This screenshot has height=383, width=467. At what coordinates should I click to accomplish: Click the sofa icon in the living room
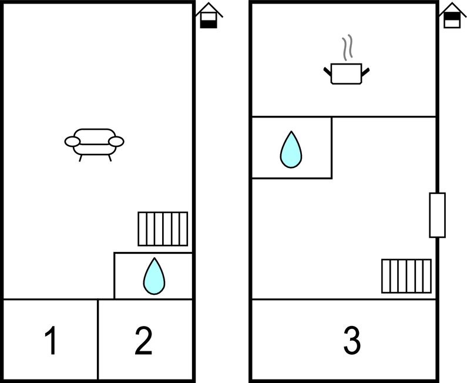point(94,145)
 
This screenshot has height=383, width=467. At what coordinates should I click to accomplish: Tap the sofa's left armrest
point(72,142)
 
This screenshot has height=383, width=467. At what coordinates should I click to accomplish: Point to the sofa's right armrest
point(116,142)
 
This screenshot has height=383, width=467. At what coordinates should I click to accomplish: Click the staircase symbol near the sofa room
point(163,229)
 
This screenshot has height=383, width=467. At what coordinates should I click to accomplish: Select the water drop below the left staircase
point(154,277)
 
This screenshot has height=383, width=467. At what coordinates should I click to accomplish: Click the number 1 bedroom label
point(51,340)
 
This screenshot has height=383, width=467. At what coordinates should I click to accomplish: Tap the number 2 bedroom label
point(143,340)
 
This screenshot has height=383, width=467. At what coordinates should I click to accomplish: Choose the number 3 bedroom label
point(352,340)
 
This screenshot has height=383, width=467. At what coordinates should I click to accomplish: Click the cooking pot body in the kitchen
point(347,74)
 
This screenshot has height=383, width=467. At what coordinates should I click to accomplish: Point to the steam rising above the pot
point(347,47)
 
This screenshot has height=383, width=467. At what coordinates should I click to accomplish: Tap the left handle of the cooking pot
point(327,72)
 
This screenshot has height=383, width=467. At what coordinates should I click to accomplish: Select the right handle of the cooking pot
point(365,72)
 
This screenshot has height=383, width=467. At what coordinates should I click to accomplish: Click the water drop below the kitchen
point(291,150)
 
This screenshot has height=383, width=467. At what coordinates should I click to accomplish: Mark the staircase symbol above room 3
point(406,276)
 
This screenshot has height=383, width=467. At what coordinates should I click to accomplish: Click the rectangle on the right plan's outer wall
point(437,215)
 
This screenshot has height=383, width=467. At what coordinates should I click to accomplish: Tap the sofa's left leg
point(80,158)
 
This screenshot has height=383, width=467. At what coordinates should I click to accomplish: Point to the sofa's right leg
point(110,158)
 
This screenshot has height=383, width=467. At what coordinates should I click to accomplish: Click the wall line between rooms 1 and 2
point(98,340)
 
